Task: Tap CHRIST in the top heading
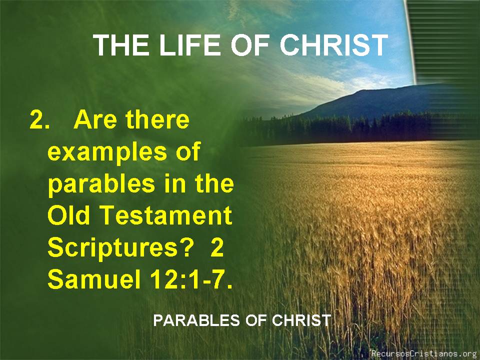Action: click(333, 45)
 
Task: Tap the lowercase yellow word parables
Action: click(101, 184)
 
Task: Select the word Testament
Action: click(166, 215)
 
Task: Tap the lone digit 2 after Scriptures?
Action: click(217, 247)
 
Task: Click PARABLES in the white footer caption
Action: click(196, 320)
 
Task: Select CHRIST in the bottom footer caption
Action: click(301, 320)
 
